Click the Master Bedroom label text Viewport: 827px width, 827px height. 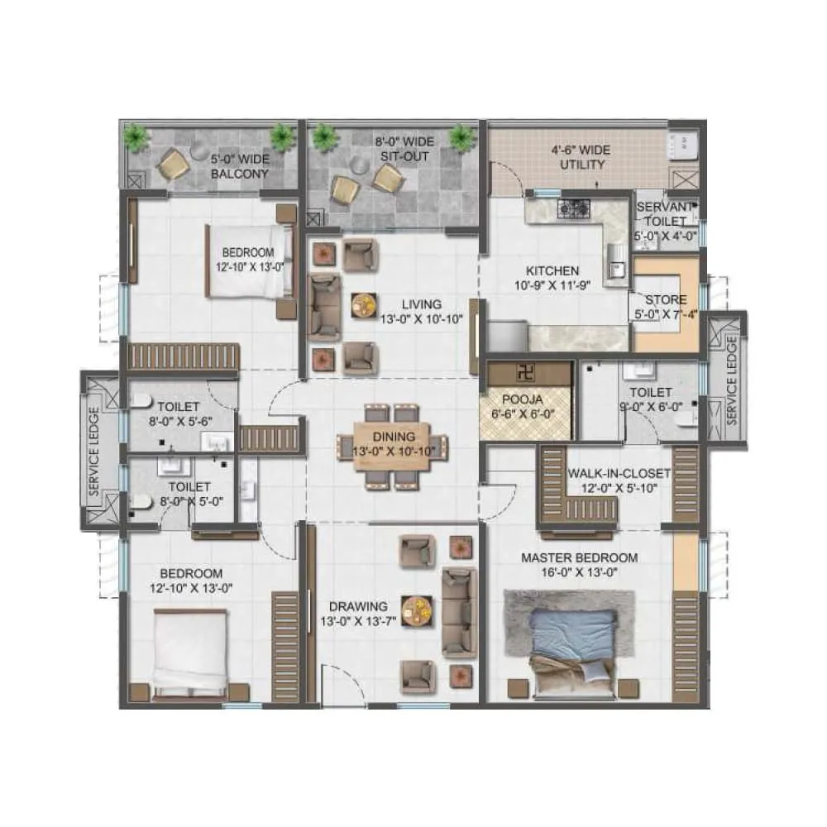[579, 557]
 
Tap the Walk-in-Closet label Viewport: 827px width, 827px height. [619, 474]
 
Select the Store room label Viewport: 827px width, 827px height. [666, 299]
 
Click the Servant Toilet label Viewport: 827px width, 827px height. [666, 215]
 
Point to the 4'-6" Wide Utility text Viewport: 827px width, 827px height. [581, 158]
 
